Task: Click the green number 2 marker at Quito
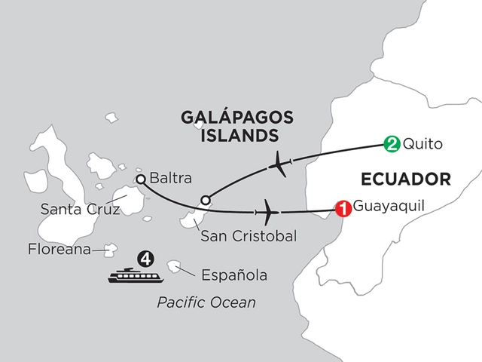(391, 142)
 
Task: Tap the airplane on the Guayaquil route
(267, 209)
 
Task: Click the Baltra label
(170, 179)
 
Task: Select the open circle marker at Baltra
(139, 179)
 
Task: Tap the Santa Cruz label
(70, 211)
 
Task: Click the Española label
(231, 275)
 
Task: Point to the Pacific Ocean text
(206, 303)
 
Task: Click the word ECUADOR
(406, 179)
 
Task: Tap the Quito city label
(419, 143)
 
